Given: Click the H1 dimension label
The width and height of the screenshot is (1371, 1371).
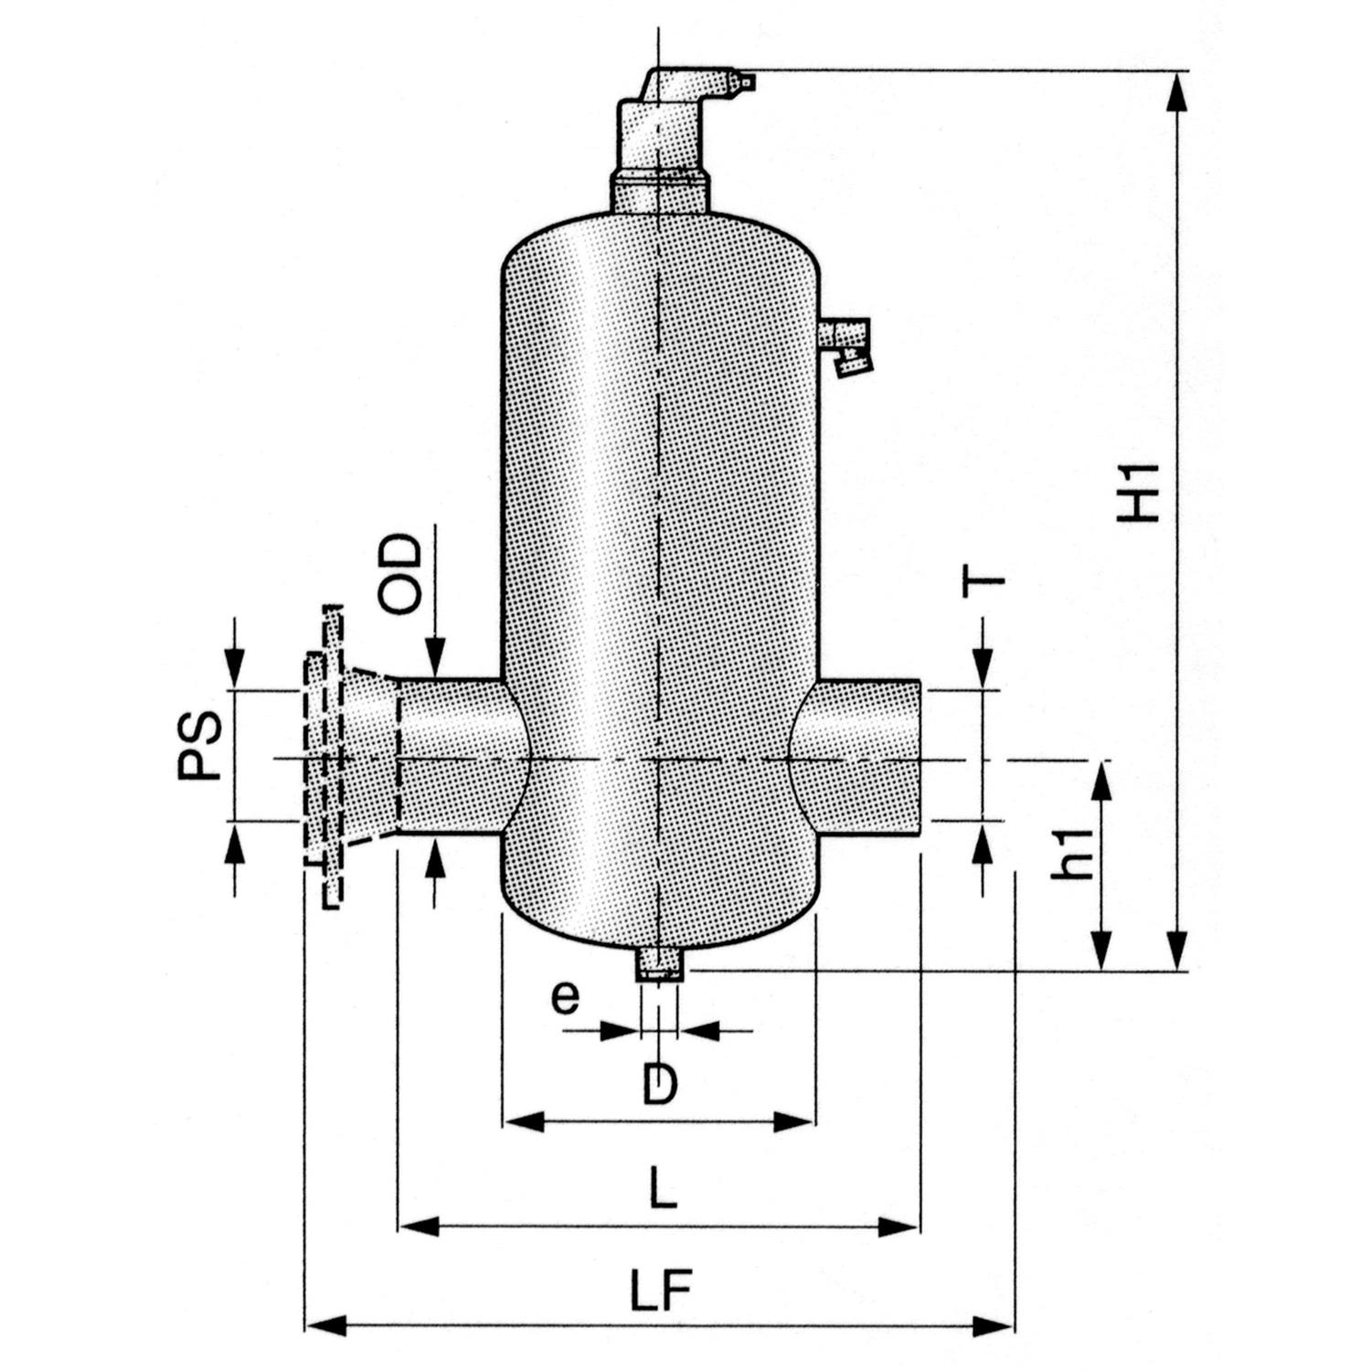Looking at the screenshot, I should point(1141,494).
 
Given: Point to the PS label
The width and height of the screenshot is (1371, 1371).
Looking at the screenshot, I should point(199,745).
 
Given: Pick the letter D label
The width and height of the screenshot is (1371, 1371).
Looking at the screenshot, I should point(659,1085).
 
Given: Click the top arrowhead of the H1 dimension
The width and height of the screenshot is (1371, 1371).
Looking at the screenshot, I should point(1178,91).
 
